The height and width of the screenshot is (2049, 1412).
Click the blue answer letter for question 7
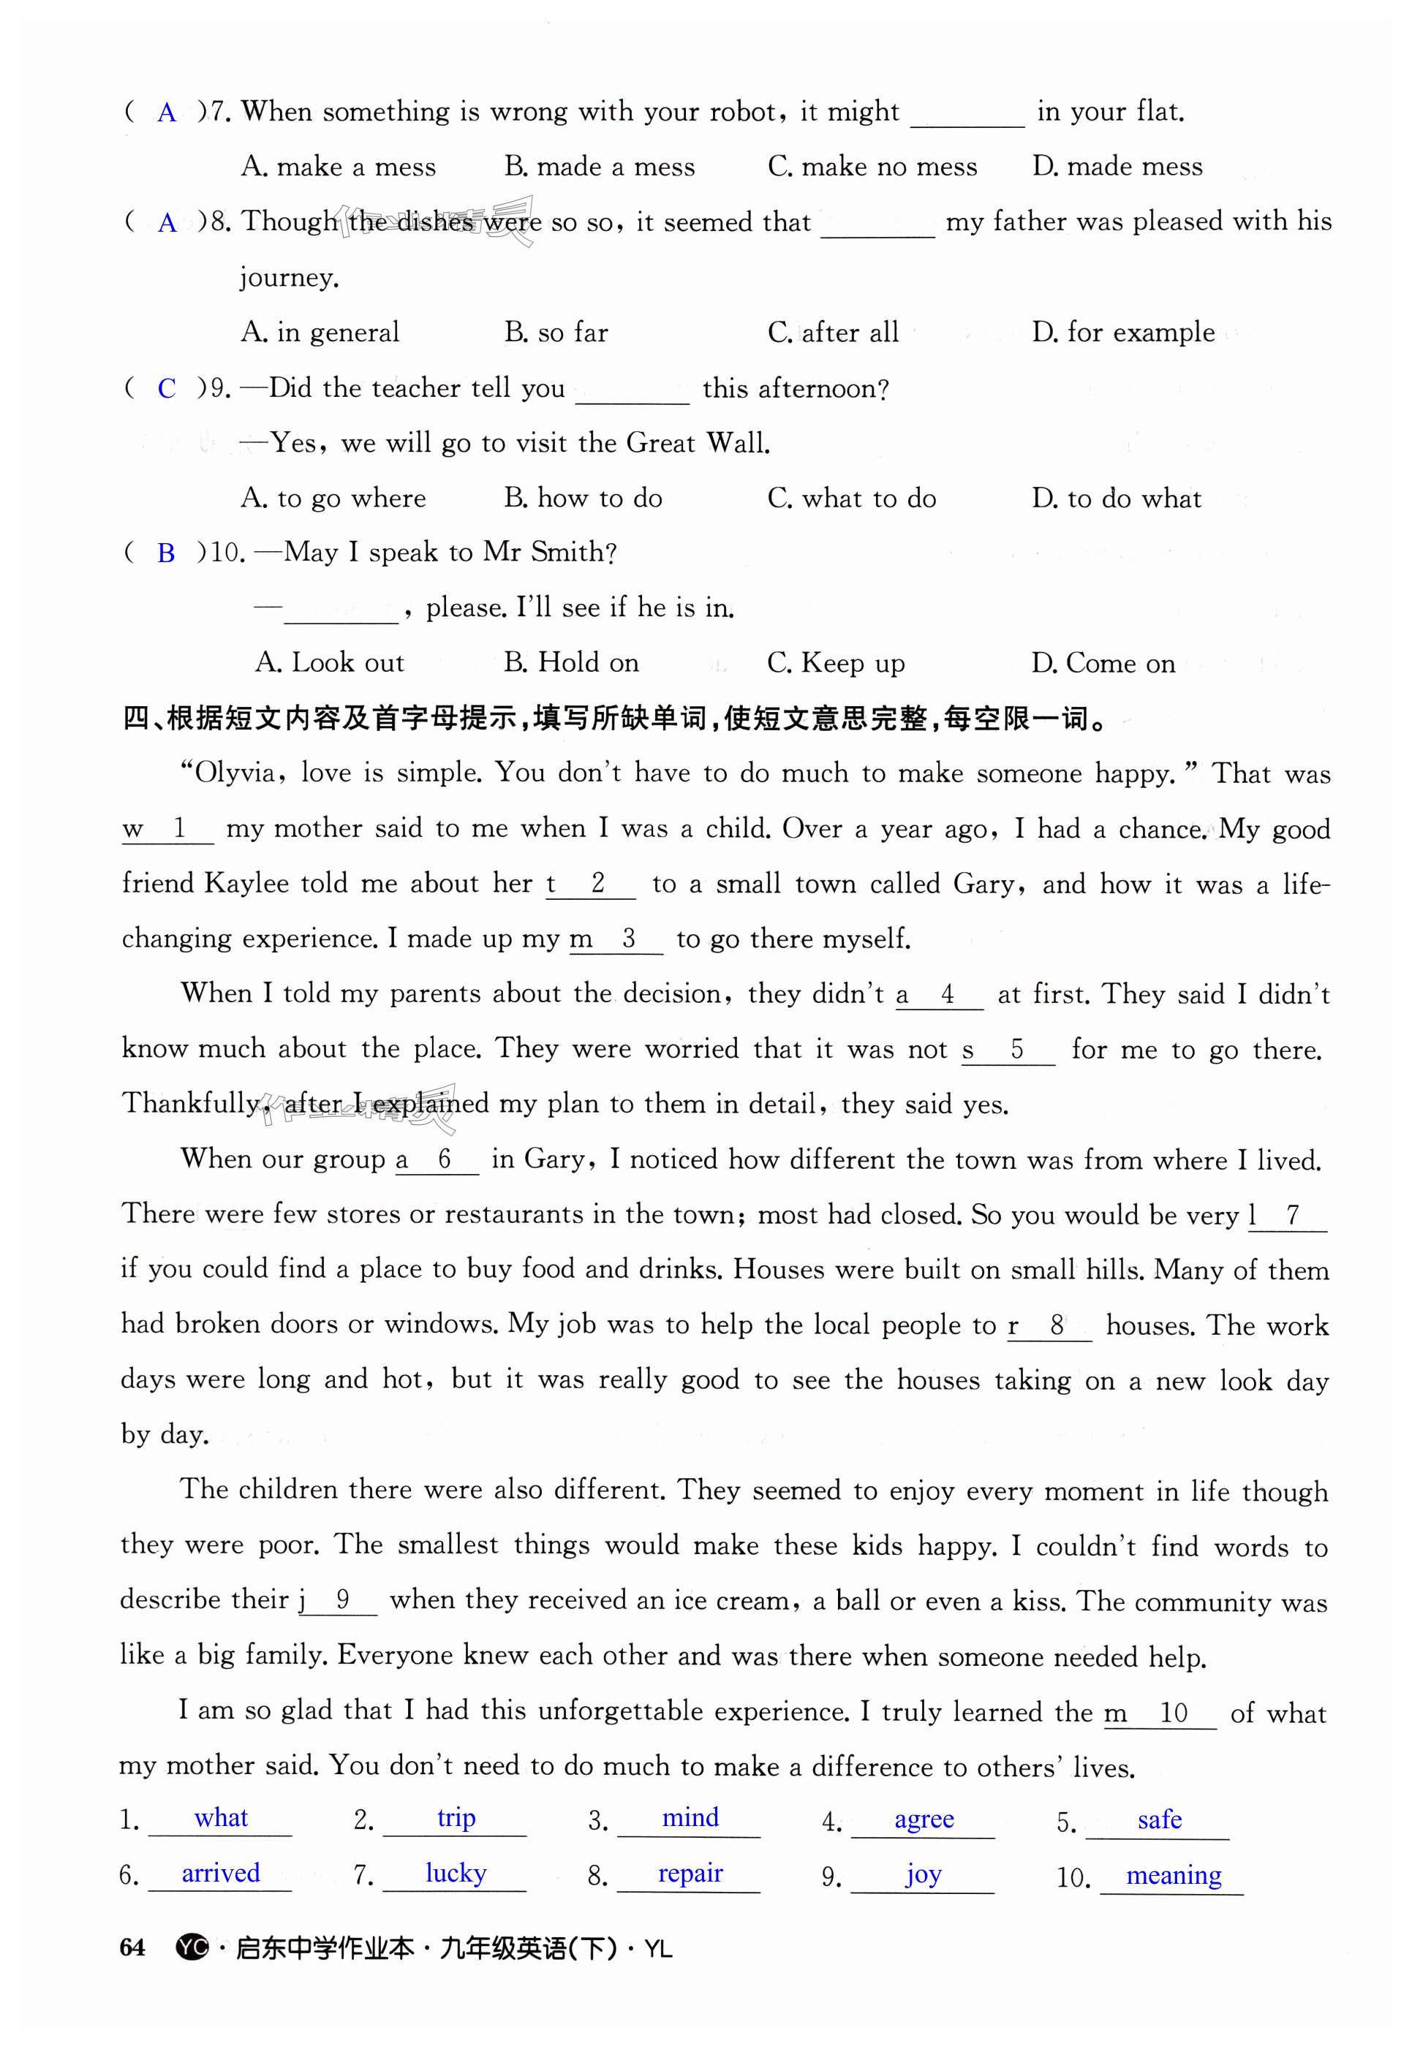coord(166,113)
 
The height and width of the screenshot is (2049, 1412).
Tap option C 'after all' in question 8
coord(833,333)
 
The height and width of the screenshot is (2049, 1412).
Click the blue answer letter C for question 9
coord(166,388)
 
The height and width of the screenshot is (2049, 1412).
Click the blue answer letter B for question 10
coord(165,553)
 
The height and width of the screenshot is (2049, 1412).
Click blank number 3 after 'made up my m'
coord(628,939)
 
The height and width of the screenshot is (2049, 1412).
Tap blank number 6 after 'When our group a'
coord(444,1159)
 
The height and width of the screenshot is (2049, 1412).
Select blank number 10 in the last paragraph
coord(1173,1713)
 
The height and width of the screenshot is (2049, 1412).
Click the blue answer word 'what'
coord(220,1818)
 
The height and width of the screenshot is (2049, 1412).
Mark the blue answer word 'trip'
coord(456,1818)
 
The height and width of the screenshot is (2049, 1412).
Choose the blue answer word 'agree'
coord(924,1820)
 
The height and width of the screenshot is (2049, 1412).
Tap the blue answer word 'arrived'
coord(220,1873)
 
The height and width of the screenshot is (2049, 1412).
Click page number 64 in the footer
coord(132,1948)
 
